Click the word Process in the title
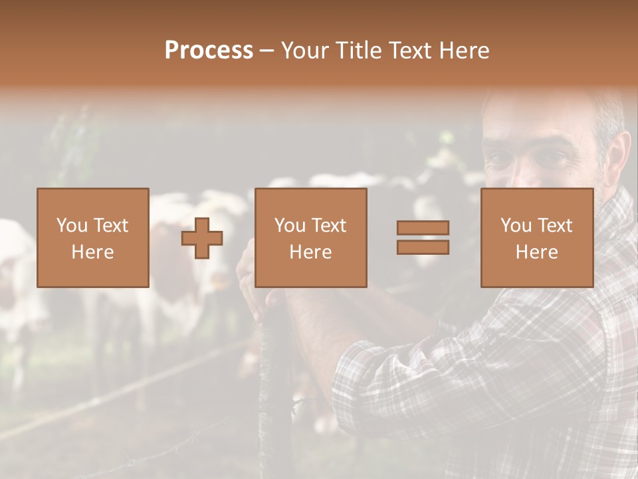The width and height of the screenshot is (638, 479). coord(209,50)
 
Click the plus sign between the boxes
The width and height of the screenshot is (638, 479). coord(202,238)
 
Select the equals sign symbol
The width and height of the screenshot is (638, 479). coord(423,238)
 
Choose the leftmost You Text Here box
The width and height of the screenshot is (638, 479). coord(93,238)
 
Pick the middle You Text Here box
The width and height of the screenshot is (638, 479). coord(310,238)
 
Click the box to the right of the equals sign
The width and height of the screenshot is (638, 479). coord(536,238)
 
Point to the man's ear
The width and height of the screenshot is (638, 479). coord(619,156)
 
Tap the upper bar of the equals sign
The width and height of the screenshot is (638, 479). coord(423,228)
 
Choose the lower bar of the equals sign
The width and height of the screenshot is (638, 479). coord(423,247)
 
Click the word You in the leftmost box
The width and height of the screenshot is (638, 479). coord(72,226)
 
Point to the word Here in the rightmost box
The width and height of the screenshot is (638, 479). coord(536,252)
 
